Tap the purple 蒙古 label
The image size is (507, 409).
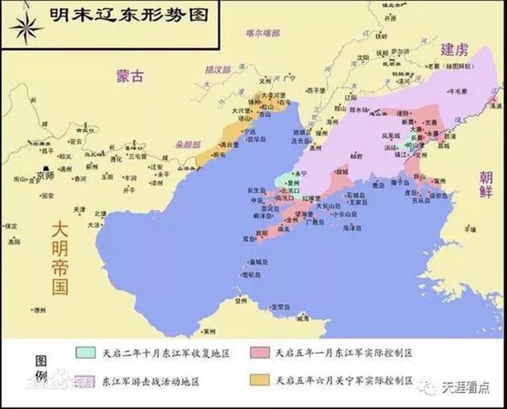click(x=131, y=77)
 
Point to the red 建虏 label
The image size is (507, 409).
click(x=461, y=51)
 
